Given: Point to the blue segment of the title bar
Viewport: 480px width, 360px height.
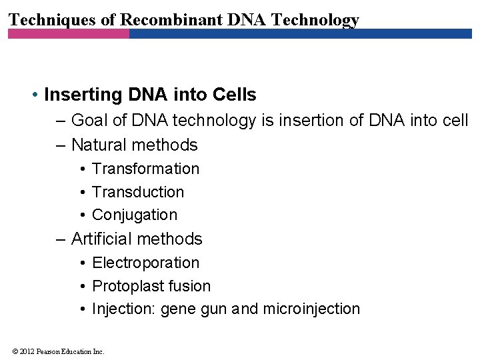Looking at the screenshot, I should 300,33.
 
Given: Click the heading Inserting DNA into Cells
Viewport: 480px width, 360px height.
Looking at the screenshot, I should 150,95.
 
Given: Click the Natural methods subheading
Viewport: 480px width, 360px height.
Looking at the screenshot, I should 134,145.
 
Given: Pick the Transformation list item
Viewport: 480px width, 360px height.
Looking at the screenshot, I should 145,169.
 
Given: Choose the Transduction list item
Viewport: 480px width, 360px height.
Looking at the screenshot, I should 138,192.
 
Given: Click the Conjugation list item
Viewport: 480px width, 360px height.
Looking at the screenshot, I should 135,215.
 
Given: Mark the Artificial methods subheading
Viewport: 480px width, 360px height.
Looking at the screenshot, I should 136,239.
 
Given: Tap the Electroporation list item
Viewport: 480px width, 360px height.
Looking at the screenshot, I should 145,263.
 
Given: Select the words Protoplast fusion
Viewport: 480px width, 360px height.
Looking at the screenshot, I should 151,286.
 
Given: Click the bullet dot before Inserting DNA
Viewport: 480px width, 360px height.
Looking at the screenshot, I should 34,95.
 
